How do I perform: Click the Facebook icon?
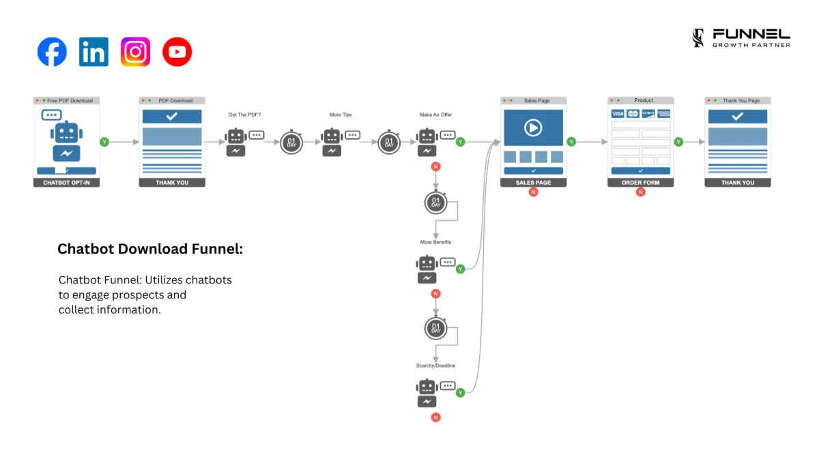(x=52, y=52)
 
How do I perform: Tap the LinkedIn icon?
(x=94, y=52)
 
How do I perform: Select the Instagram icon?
(x=135, y=52)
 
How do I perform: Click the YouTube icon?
(x=177, y=52)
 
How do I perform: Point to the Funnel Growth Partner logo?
(x=741, y=38)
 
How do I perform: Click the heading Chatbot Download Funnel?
(x=150, y=249)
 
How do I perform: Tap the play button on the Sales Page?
(x=533, y=127)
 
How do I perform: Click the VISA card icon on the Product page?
(x=618, y=114)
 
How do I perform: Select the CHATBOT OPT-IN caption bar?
(x=66, y=183)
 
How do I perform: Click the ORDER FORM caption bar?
(x=640, y=183)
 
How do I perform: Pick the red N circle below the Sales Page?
(x=534, y=192)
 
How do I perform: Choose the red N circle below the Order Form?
(x=640, y=192)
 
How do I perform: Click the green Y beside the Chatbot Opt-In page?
(x=104, y=142)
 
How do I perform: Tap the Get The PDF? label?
(x=244, y=115)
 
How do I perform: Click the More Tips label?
(x=341, y=115)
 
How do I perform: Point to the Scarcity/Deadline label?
(x=436, y=366)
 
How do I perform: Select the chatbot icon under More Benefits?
(x=427, y=269)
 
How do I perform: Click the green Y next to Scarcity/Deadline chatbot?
(x=460, y=393)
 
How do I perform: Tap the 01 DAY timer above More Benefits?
(x=435, y=202)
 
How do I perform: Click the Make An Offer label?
(x=436, y=115)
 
